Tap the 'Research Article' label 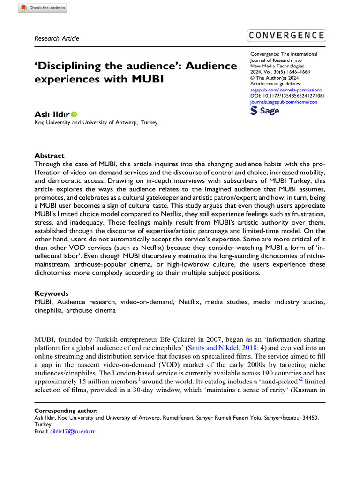point(57,38)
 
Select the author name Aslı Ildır point(52,114)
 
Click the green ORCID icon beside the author point(74,114)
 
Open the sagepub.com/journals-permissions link point(286,89)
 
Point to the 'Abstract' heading point(50,156)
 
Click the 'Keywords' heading point(52,293)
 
